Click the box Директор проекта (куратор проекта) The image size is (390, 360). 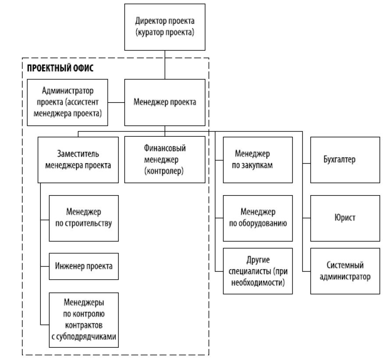[165, 27]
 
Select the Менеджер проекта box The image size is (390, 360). [165, 103]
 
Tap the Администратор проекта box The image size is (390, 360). [68, 103]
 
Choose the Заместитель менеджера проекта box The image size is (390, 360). [78, 160]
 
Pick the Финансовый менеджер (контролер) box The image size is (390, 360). [165, 160]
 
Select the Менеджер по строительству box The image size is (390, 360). [83, 218]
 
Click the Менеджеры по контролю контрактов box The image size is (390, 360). [83, 315]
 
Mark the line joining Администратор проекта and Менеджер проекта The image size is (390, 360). [116, 103]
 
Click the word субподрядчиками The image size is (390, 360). [84, 337]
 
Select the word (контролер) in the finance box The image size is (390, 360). [165, 171]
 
